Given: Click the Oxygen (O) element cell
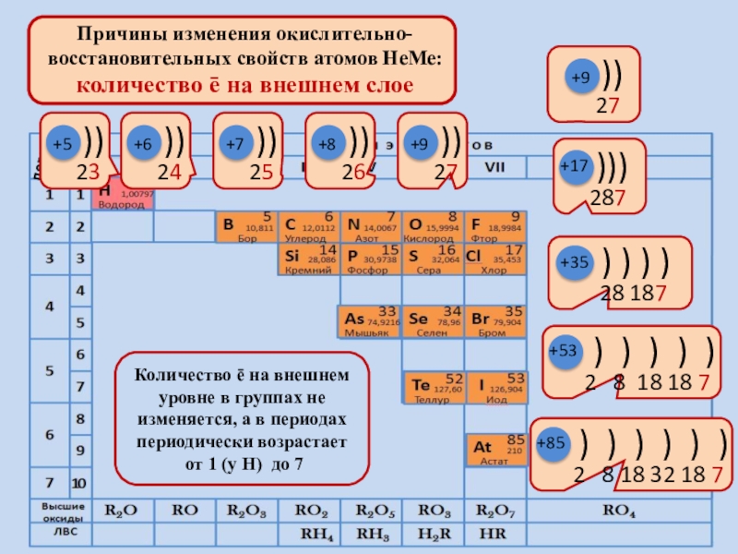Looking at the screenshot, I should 432,227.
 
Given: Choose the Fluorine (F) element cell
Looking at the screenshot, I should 494,227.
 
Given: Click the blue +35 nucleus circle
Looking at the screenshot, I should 574,262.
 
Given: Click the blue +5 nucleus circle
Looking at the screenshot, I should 62,144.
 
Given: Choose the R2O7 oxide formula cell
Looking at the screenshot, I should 494,510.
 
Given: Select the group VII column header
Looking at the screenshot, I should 494,166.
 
